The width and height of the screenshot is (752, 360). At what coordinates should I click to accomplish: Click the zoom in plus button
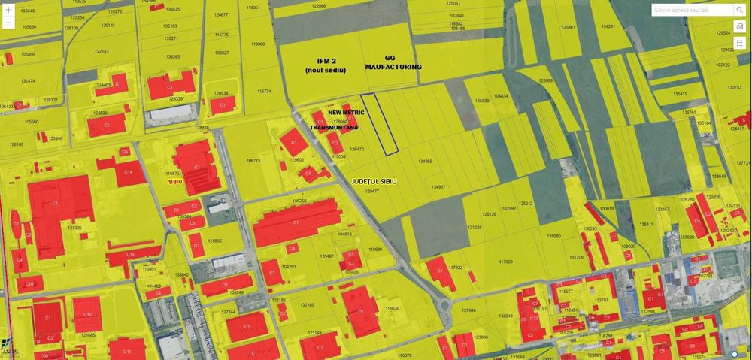(8, 11)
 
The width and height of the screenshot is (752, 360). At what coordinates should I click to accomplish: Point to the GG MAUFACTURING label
(393, 62)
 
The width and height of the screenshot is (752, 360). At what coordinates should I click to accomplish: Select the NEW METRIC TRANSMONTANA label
(337, 120)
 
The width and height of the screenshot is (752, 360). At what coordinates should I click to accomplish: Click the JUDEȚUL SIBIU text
(373, 182)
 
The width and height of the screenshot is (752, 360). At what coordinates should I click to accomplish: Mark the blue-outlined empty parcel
(379, 125)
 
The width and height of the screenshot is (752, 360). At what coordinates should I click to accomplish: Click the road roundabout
(445, 306)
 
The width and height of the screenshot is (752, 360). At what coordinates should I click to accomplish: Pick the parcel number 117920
(505, 262)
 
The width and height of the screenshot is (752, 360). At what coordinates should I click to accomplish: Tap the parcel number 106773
(253, 160)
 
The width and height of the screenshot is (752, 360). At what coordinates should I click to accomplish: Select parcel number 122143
(102, 51)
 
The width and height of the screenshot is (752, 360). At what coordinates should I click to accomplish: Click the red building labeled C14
(129, 173)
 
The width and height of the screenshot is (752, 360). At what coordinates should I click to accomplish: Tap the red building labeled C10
(87, 314)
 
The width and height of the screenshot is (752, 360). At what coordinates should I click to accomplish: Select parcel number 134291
(608, 26)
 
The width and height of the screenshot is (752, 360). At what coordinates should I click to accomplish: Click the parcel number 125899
(546, 80)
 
